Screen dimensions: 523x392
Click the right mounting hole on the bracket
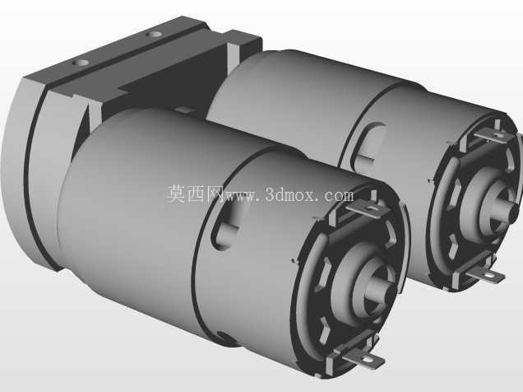click(154, 34)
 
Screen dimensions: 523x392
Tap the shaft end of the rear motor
click(505, 209)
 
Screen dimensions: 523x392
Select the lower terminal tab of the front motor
click(363, 358)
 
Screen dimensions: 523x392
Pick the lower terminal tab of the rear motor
click(486, 274)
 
